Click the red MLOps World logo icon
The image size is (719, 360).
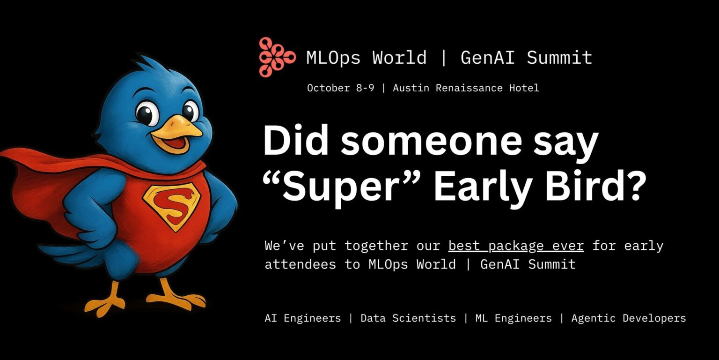276,57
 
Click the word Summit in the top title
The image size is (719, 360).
559,58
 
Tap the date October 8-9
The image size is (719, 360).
340,88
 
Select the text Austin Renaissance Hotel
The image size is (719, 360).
466,88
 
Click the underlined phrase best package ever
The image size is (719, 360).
516,246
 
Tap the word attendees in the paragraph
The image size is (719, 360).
300,264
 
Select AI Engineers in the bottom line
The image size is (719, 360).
302,318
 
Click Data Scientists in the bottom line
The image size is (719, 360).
408,318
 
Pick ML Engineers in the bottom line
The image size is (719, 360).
513,318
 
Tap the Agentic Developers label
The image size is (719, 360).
628,318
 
